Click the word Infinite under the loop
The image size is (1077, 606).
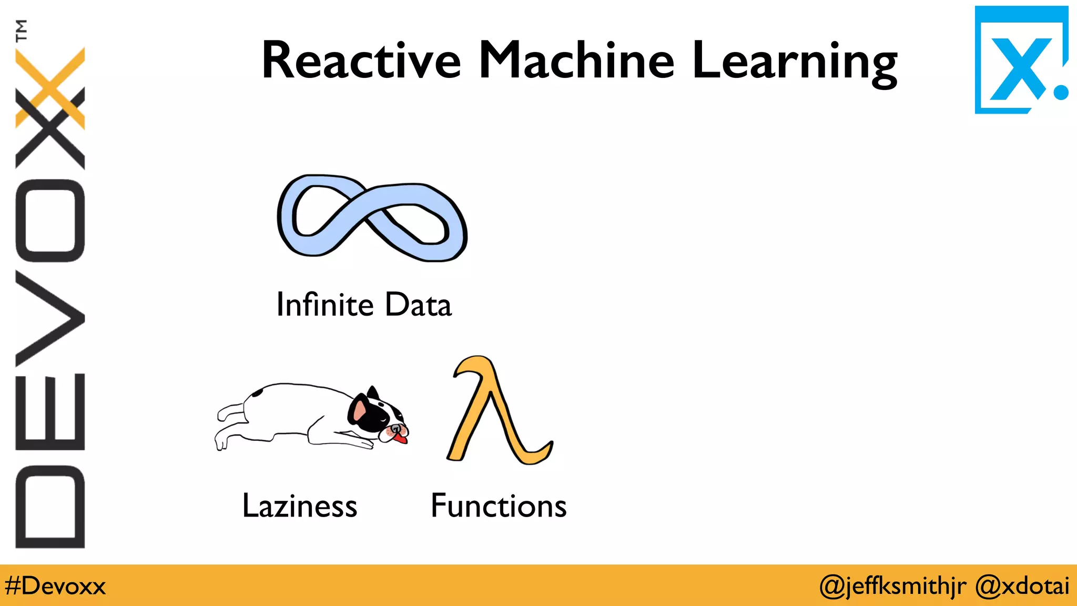click(x=324, y=305)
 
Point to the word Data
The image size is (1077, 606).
click(x=418, y=305)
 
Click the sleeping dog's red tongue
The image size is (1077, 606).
click(x=401, y=438)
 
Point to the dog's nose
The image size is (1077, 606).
click(x=395, y=429)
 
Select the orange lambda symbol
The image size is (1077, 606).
click(x=497, y=410)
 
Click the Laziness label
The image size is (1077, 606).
click(x=300, y=506)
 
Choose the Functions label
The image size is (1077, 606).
click(x=499, y=506)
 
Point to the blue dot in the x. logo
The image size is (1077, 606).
click(x=1061, y=93)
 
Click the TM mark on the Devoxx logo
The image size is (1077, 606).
click(x=21, y=30)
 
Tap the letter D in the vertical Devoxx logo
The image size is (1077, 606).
click(x=50, y=507)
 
